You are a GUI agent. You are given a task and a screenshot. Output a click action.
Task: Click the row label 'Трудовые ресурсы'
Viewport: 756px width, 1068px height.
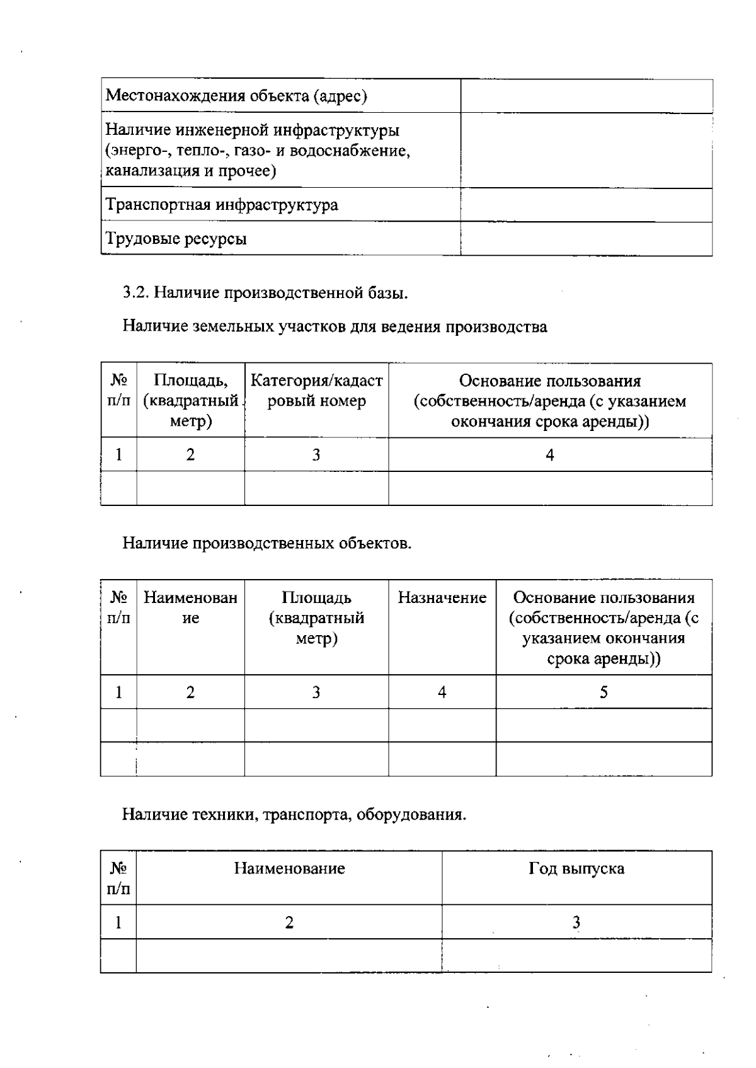pos(176,239)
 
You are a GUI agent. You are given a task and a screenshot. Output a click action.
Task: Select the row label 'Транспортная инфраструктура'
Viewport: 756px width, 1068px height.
pos(222,205)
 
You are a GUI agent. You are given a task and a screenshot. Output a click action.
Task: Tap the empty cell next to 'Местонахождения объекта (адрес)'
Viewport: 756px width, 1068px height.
pos(586,96)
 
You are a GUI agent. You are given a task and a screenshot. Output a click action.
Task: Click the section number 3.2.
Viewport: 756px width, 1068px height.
pos(135,292)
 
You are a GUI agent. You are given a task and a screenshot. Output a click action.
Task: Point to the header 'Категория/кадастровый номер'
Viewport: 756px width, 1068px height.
pos(316,391)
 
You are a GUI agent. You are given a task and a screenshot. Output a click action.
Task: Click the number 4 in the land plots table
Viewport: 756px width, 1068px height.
pos(550,455)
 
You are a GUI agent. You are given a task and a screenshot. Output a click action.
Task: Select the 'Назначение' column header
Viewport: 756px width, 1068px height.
pos(442,597)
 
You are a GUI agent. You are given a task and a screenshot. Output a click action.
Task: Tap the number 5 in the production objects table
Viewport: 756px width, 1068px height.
pos(604,692)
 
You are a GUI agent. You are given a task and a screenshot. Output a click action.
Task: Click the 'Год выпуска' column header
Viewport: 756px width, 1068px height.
pos(576,869)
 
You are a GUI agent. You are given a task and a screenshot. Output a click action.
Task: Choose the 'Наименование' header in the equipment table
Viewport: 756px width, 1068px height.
pos(289,869)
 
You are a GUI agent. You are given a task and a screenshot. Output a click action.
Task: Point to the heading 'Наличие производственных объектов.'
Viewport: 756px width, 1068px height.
pos(266,543)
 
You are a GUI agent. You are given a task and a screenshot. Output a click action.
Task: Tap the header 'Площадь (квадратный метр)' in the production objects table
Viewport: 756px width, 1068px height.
pos(316,617)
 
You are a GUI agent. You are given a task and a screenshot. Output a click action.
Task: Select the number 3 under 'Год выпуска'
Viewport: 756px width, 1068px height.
pos(576,922)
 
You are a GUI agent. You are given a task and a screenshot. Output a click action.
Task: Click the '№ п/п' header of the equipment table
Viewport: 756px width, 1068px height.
pos(118,878)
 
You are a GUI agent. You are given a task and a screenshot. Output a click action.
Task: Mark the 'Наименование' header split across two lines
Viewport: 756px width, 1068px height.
pos(190,607)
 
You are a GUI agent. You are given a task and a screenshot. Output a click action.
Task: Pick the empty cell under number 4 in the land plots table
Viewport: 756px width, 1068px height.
pos(550,488)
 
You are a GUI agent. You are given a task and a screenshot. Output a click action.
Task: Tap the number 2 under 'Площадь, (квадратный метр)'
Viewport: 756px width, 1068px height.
pos(190,455)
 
